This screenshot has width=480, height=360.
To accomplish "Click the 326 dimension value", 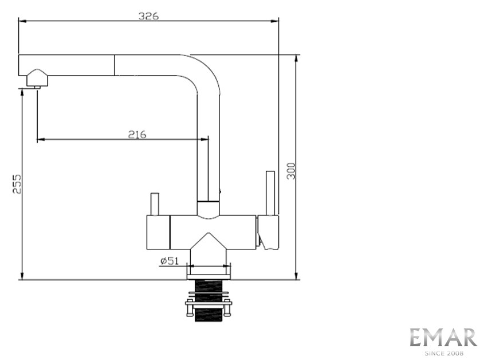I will (x=148, y=16).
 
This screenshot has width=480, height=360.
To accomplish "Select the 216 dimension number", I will (x=137, y=135).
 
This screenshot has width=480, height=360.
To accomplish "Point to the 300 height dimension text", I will (x=291, y=170).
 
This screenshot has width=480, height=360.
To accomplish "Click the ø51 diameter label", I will (x=170, y=261).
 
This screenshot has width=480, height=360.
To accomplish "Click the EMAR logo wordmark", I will (x=443, y=338).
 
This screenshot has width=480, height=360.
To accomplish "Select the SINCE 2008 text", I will (x=443, y=353).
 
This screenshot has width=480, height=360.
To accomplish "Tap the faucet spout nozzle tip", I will (x=36, y=86).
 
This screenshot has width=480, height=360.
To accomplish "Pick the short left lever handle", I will (x=154, y=204).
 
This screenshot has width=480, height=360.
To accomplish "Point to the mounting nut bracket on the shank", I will (x=208, y=303).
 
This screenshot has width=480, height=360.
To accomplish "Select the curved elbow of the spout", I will (x=203, y=72).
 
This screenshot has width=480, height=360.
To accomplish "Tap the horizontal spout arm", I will (x=115, y=65).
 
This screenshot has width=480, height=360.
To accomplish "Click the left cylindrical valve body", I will (x=159, y=233).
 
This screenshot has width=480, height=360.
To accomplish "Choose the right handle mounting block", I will (x=268, y=232).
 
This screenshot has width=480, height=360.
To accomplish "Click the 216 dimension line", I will (x=86, y=139).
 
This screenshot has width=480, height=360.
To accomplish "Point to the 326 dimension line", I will (x=86, y=21).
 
